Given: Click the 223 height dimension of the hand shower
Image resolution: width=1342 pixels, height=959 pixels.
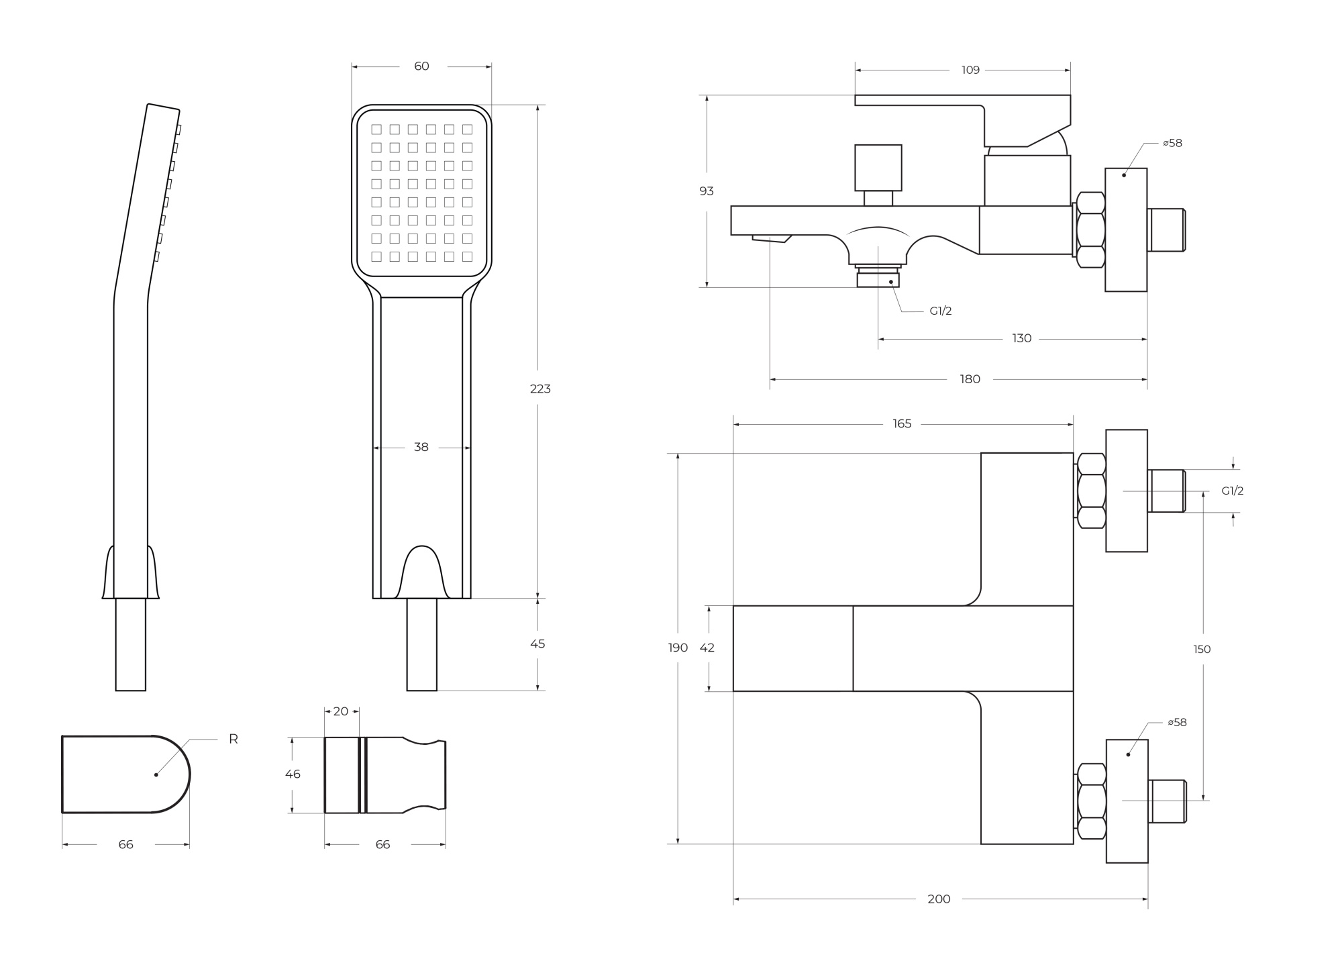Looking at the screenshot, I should (540, 389).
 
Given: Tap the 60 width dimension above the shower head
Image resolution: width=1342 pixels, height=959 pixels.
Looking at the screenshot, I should (421, 66).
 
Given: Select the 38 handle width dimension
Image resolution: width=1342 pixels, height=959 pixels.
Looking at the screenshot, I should (421, 447).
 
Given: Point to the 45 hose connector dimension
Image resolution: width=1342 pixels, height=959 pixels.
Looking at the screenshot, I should (537, 644).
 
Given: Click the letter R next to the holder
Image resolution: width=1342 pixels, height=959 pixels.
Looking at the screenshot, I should (234, 739).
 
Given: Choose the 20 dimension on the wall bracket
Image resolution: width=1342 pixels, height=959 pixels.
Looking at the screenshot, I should (341, 711).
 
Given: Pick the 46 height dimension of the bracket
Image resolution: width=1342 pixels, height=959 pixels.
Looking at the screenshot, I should (293, 774).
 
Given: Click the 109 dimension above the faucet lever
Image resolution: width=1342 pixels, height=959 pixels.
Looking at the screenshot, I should (970, 70).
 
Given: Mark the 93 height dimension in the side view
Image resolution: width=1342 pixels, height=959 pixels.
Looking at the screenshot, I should (707, 191).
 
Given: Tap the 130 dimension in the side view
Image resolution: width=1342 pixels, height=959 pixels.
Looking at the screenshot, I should (1021, 338).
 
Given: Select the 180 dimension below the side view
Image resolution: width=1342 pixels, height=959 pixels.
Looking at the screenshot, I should (970, 379).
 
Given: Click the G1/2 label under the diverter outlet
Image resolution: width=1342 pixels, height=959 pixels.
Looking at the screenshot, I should (940, 311).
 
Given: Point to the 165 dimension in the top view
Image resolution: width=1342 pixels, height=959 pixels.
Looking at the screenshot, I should (902, 423).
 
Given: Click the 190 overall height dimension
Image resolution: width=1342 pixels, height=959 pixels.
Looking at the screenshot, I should (678, 648).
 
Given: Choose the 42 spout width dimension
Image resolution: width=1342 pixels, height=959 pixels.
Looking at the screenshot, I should (707, 648).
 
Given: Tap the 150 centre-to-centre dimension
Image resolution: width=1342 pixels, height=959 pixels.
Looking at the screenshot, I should (1202, 649).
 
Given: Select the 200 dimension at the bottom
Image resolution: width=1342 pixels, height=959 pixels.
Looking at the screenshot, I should (939, 899).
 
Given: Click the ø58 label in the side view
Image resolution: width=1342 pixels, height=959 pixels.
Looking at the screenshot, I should (1172, 143).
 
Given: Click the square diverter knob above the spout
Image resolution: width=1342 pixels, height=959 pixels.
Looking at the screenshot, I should (878, 167).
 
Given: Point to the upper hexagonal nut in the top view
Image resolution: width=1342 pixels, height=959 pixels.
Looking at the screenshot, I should (1091, 491).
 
